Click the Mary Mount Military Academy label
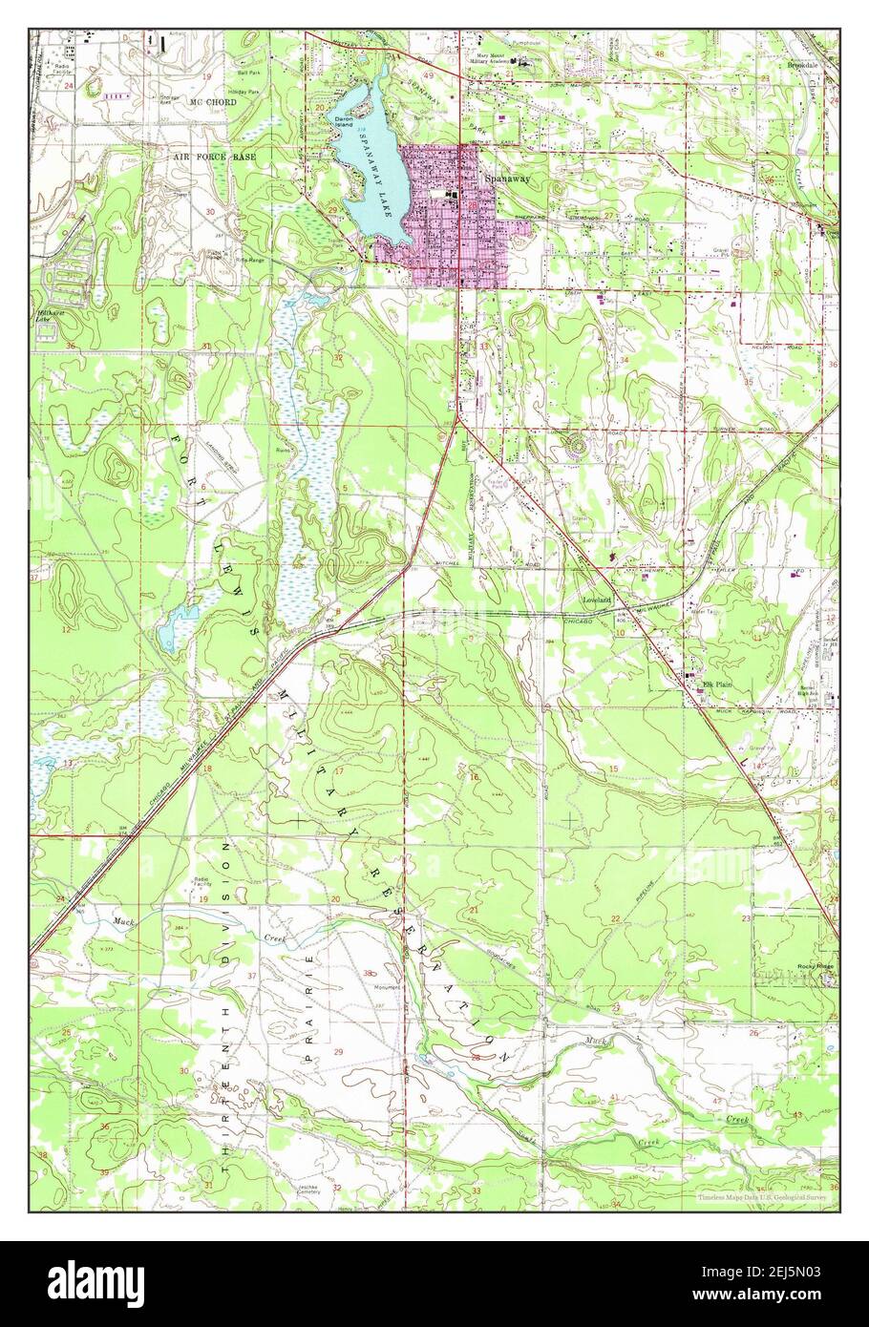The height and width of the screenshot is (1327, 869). click(x=489, y=60)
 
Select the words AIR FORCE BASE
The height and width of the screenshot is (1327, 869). click(x=215, y=154)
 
